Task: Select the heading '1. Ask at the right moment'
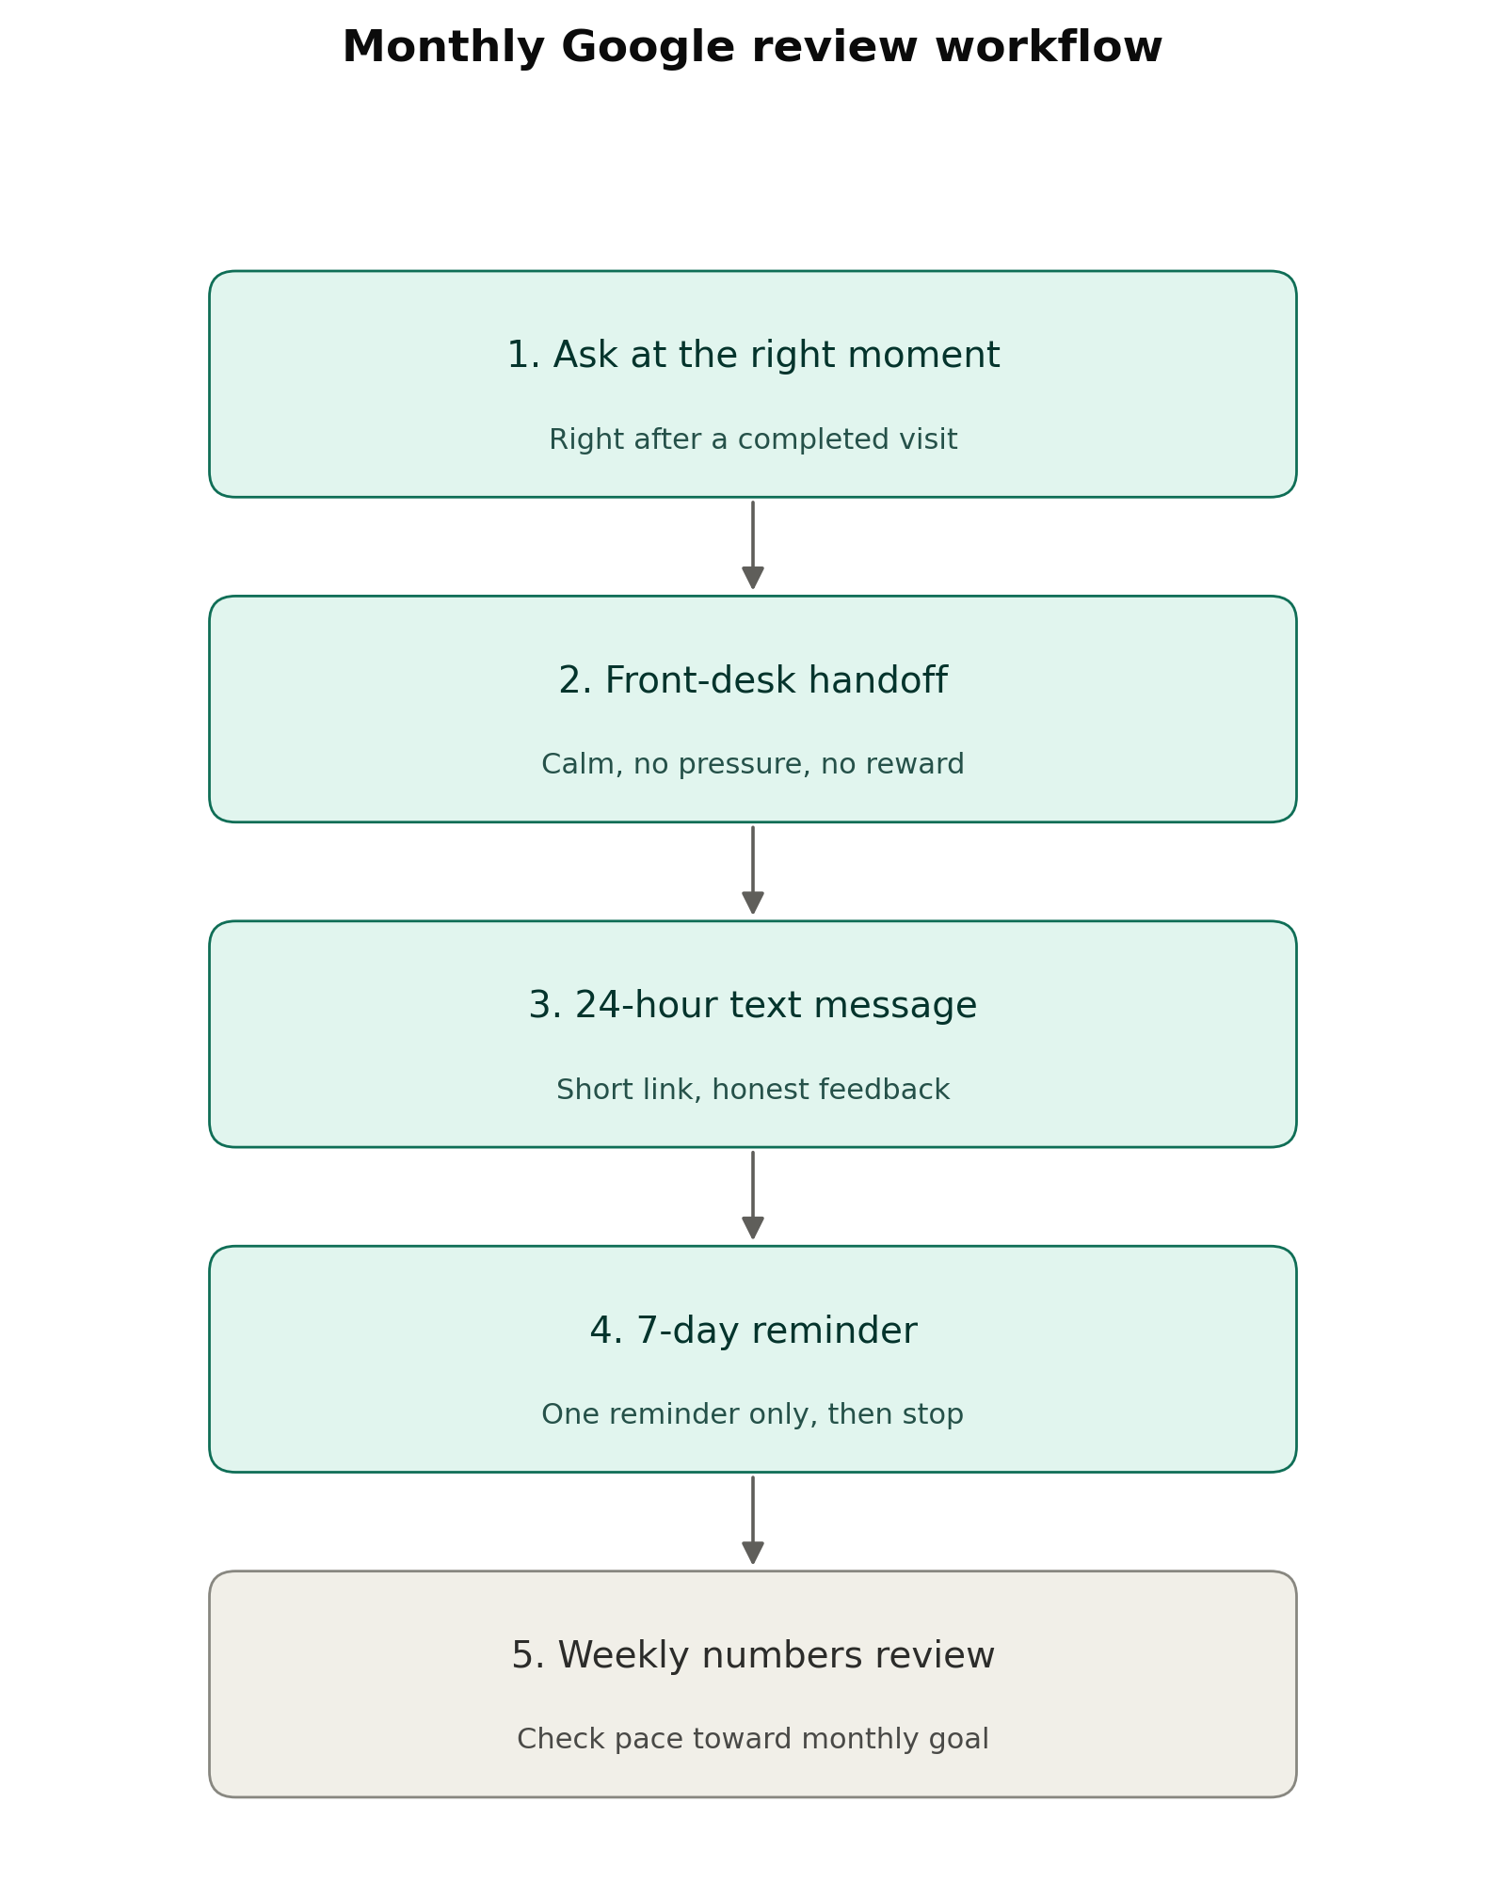coord(753,356)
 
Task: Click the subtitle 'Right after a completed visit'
coord(753,439)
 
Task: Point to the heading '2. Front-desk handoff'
coord(753,680)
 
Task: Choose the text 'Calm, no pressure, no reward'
coord(753,764)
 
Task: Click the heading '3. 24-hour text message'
coord(753,1006)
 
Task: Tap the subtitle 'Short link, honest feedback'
coord(753,1090)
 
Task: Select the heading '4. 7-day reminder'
coord(753,1331)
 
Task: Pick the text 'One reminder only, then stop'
coord(753,1414)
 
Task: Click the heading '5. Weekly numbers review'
coord(753,1655)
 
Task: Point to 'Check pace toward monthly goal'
coord(753,1739)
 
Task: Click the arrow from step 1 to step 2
coord(753,546)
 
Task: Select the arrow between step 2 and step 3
coord(753,870)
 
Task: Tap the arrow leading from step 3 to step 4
coord(753,1195)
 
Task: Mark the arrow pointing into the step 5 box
coord(753,1521)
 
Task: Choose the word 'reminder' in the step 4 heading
coord(834,1331)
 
